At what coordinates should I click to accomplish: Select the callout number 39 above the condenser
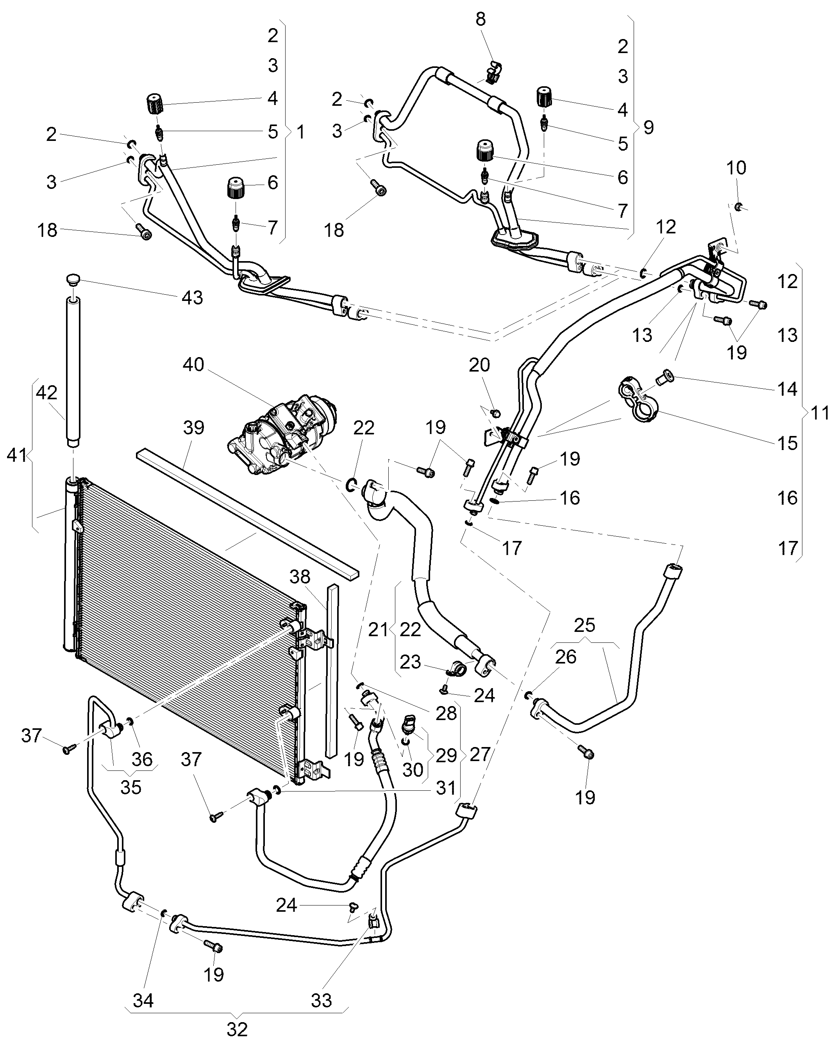(194, 427)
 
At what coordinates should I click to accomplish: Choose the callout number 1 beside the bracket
(301, 131)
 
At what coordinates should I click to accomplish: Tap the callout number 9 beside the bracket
(648, 127)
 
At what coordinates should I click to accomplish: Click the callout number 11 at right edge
(819, 413)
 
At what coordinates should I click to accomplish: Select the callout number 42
(46, 393)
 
